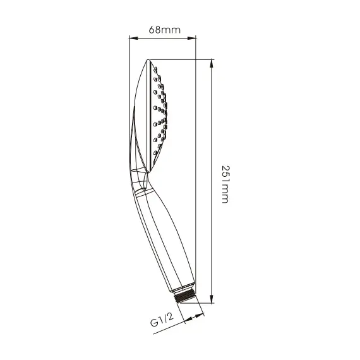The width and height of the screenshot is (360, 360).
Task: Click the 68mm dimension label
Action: pos(165,30)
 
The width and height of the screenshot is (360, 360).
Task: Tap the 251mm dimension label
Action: pos(225,184)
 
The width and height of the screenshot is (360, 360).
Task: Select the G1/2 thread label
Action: pos(162,320)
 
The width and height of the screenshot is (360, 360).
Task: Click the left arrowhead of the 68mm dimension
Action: pos(134,38)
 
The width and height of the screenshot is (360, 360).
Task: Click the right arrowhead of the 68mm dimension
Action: pos(192,38)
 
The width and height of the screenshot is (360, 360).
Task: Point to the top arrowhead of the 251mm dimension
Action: pos(212,64)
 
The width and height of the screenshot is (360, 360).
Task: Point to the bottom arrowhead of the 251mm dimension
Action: pos(212,299)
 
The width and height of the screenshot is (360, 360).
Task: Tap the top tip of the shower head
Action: pos(148,60)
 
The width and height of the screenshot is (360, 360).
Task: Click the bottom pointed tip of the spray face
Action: pos(147,172)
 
